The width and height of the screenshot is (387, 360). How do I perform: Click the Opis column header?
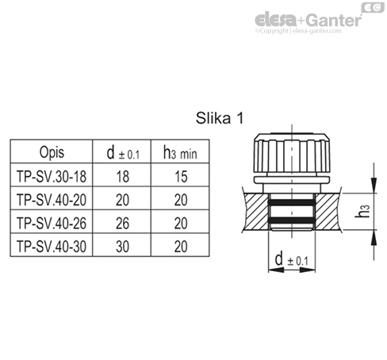(52, 152)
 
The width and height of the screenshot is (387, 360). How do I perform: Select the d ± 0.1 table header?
(123, 153)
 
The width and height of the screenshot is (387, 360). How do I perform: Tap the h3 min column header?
(180, 153)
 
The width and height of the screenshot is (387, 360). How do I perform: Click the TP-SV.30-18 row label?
(52, 176)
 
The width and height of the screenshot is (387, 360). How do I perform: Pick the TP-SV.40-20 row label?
(52, 200)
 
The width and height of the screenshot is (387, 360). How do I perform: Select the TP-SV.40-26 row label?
(52, 223)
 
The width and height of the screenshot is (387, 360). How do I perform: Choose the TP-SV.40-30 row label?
(52, 247)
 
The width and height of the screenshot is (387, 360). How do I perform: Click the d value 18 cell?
(123, 177)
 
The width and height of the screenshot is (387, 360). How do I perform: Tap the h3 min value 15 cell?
(181, 177)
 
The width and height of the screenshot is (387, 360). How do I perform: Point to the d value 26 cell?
(123, 224)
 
